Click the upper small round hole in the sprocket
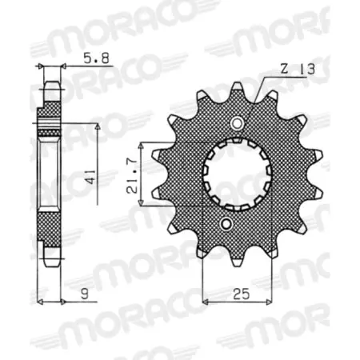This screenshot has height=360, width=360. pyautogui.click(x=238, y=122)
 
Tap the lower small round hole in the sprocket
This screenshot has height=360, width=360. pyautogui.click(x=227, y=225)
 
